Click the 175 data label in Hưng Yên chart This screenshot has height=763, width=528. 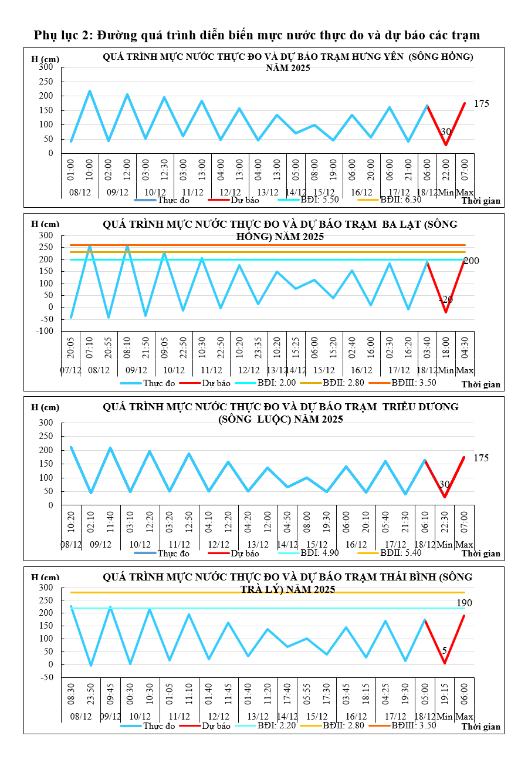coord(481,104)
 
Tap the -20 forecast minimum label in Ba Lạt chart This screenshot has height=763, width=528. coord(446,300)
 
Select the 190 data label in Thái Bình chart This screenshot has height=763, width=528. coord(464,603)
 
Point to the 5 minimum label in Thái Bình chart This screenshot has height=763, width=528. coord(444,650)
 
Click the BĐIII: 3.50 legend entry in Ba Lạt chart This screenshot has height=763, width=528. coord(414,383)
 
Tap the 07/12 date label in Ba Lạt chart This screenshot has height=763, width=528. coord(70,370)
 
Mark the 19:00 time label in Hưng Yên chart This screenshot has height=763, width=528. coord(333,170)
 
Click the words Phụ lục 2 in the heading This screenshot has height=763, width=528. coord(63,35)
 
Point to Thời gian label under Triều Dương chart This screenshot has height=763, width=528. coord(480,553)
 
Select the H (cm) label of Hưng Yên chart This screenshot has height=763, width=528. coord(45,59)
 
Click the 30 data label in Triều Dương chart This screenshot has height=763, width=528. coord(445,484)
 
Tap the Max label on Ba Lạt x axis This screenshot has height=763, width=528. coord(465,370)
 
